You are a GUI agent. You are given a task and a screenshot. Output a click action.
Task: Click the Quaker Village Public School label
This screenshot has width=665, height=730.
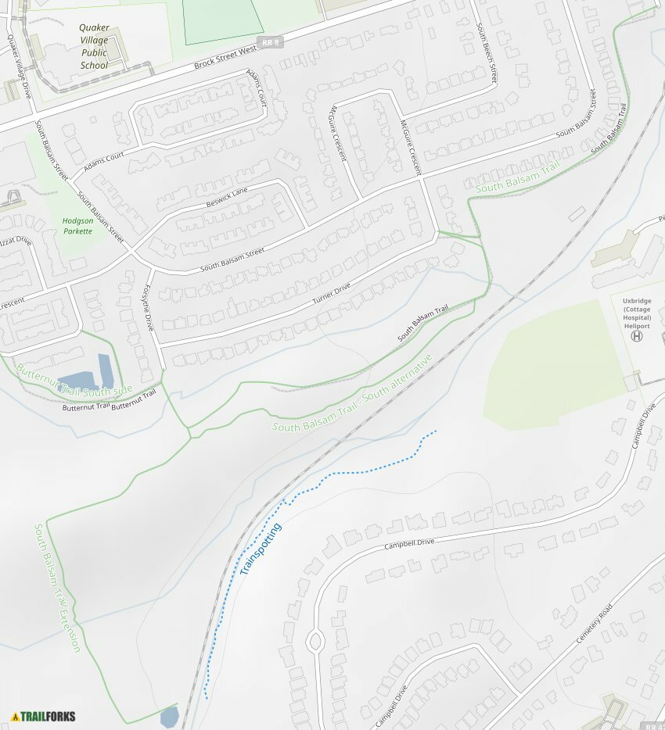click(x=94, y=46)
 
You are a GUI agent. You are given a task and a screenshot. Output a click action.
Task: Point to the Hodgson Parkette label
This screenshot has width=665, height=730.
click(x=77, y=226)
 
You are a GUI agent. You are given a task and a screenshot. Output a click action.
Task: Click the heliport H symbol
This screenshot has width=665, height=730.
click(x=637, y=336)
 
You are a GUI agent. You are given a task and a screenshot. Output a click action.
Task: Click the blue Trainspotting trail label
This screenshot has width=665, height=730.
click(x=261, y=549)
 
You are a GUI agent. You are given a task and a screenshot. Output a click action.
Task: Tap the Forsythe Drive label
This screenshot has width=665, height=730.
click(x=146, y=307)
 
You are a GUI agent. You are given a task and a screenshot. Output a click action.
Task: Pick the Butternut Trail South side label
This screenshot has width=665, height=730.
click(x=74, y=380)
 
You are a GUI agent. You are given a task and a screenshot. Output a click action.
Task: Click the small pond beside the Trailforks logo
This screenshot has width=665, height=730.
click(x=169, y=717)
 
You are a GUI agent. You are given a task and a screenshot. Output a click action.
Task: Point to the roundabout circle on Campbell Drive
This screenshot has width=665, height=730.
click(x=315, y=642)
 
